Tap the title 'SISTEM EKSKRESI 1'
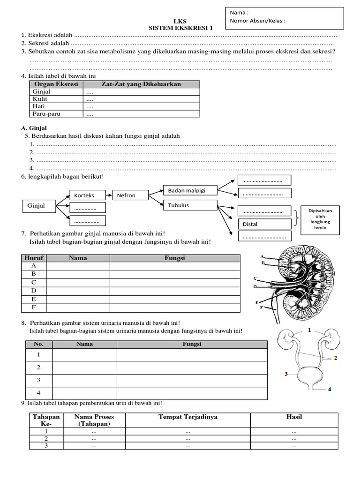(180, 28)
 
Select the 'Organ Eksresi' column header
(56, 84)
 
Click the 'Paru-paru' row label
(46, 113)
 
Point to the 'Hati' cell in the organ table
(38, 106)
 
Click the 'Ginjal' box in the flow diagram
(39, 206)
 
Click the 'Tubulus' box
(189, 205)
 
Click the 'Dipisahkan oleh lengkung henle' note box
(320, 219)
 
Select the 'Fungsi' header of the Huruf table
(175, 258)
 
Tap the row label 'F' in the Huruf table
(34, 307)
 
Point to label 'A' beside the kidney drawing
(262, 256)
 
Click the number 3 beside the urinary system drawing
(286, 374)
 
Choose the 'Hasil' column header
(294, 417)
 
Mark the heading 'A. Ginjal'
(34, 127)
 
